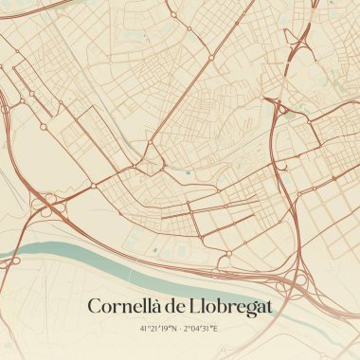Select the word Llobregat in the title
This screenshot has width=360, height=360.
[229, 308]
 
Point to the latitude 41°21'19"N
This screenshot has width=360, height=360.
[157, 329]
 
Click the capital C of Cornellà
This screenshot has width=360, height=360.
[94, 307]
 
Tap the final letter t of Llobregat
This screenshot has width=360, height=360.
[268, 308]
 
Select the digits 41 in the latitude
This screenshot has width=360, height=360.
[144, 329]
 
